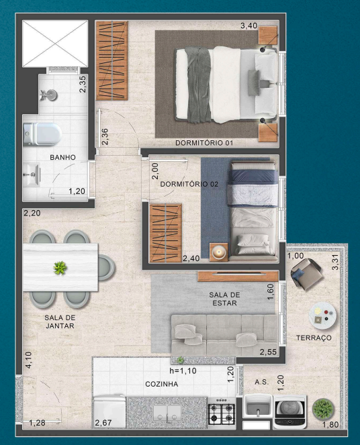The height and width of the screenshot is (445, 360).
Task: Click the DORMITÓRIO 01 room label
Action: [x=204, y=143]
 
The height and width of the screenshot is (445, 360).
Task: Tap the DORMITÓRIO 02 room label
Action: [x=190, y=183]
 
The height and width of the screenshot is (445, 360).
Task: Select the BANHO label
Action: [x=62, y=157]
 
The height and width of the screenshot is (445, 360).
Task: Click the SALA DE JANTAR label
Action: [x=59, y=322]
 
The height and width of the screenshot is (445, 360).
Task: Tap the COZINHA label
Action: [x=161, y=385]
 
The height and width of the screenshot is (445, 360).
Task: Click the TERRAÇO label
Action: [x=313, y=338]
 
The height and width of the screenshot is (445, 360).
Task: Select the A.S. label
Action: [x=262, y=381]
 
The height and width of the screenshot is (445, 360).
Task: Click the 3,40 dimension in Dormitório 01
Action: [x=249, y=26]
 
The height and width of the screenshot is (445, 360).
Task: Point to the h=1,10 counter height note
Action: [x=182, y=370]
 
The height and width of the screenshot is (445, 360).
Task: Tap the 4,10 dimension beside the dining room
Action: [x=28, y=362]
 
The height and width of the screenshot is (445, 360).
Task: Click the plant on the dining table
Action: [x=60, y=268]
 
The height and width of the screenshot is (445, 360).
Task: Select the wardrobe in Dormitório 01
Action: [x=111, y=60]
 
